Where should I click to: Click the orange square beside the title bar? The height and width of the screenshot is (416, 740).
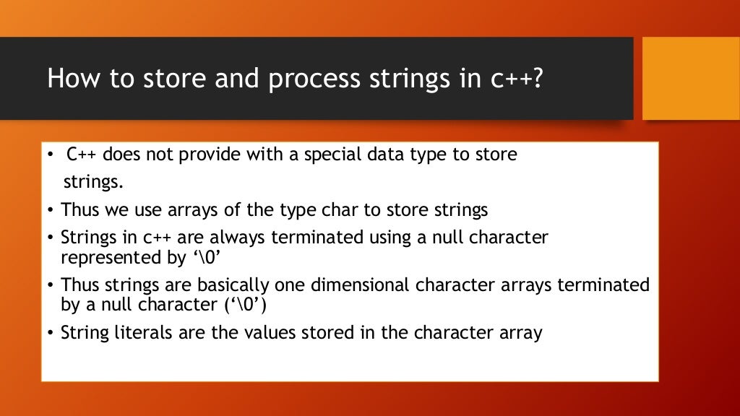[691, 78]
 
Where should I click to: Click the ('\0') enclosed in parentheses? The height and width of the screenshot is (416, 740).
[246, 304]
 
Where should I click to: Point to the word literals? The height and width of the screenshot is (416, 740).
[134, 333]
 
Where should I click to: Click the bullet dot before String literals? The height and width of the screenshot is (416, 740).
[52, 334]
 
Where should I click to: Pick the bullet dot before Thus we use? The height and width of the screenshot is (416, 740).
[52, 211]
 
